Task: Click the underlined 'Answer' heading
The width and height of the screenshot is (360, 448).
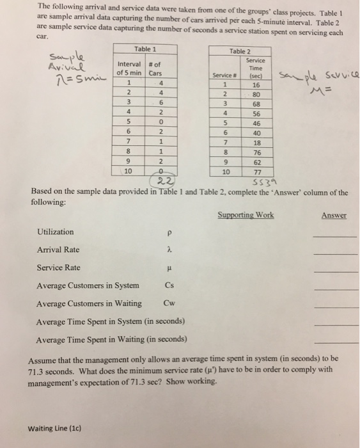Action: [x=334, y=215]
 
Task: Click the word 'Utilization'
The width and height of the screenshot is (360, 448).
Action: [x=56, y=232]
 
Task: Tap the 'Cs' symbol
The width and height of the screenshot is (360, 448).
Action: [x=169, y=285]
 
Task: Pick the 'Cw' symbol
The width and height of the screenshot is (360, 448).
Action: [x=169, y=303]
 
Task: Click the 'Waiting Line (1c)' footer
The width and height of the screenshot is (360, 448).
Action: [x=54, y=428]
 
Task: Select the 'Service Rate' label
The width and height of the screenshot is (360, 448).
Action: [x=58, y=268]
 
